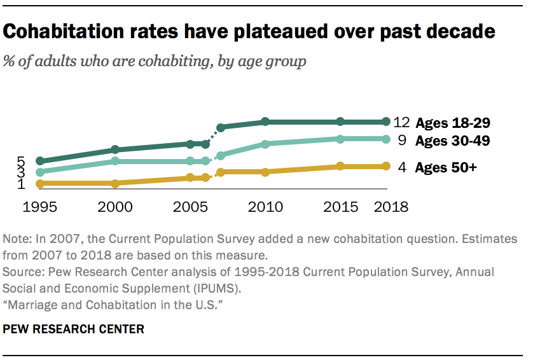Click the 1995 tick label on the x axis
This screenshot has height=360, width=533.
(x=40, y=207)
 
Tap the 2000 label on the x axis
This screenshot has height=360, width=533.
(x=114, y=207)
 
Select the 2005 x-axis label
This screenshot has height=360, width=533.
(x=190, y=207)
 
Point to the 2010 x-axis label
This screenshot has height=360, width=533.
(x=265, y=207)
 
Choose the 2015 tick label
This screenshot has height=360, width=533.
(x=340, y=207)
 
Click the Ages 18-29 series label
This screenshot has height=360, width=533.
(x=452, y=123)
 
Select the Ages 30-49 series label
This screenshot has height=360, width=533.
(x=452, y=141)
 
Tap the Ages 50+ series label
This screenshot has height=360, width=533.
(x=446, y=168)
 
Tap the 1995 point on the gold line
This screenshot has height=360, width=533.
(x=40, y=184)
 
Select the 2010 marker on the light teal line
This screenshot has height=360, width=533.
(x=265, y=144)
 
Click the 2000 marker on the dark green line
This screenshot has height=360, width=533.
(x=114, y=150)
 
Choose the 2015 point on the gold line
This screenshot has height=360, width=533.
(x=340, y=167)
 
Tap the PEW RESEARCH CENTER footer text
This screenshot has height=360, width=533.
(x=74, y=329)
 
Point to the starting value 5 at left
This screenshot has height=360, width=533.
(x=21, y=161)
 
